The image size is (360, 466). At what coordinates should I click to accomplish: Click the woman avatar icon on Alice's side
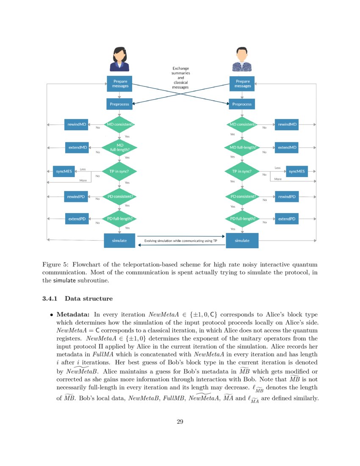[x=119, y=59]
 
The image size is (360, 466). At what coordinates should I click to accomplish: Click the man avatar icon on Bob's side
[x=242, y=59]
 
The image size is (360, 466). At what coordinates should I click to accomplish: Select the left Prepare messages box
[x=119, y=83]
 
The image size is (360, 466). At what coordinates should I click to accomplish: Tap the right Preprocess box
[x=242, y=104]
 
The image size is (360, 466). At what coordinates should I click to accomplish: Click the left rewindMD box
[x=77, y=125]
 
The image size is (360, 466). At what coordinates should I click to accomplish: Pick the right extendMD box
[x=287, y=148]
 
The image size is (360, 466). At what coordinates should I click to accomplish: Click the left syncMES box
[x=64, y=172]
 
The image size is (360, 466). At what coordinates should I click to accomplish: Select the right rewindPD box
[x=287, y=197]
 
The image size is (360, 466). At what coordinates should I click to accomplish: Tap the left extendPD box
[x=77, y=219]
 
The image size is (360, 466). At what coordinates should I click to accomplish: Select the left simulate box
[x=119, y=241]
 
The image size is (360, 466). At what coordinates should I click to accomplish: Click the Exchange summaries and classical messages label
[x=180, y=78]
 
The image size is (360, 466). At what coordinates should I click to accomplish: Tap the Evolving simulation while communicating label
[x=180, y=241]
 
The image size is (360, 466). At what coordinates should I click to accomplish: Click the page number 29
[x=180, y=421]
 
